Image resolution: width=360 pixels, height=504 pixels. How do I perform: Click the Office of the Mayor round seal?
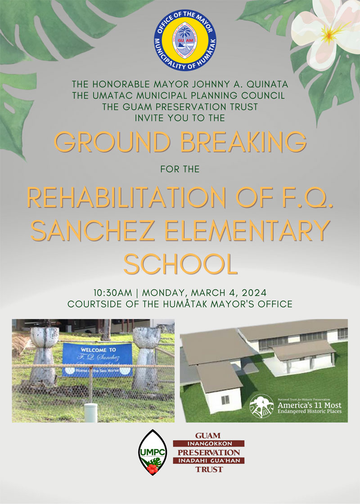(185, 41)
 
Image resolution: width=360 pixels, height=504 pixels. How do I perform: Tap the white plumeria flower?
(325, 31)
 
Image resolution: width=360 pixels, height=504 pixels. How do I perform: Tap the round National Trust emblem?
(261, 406)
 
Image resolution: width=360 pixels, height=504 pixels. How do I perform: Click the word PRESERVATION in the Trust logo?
(208, 452)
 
